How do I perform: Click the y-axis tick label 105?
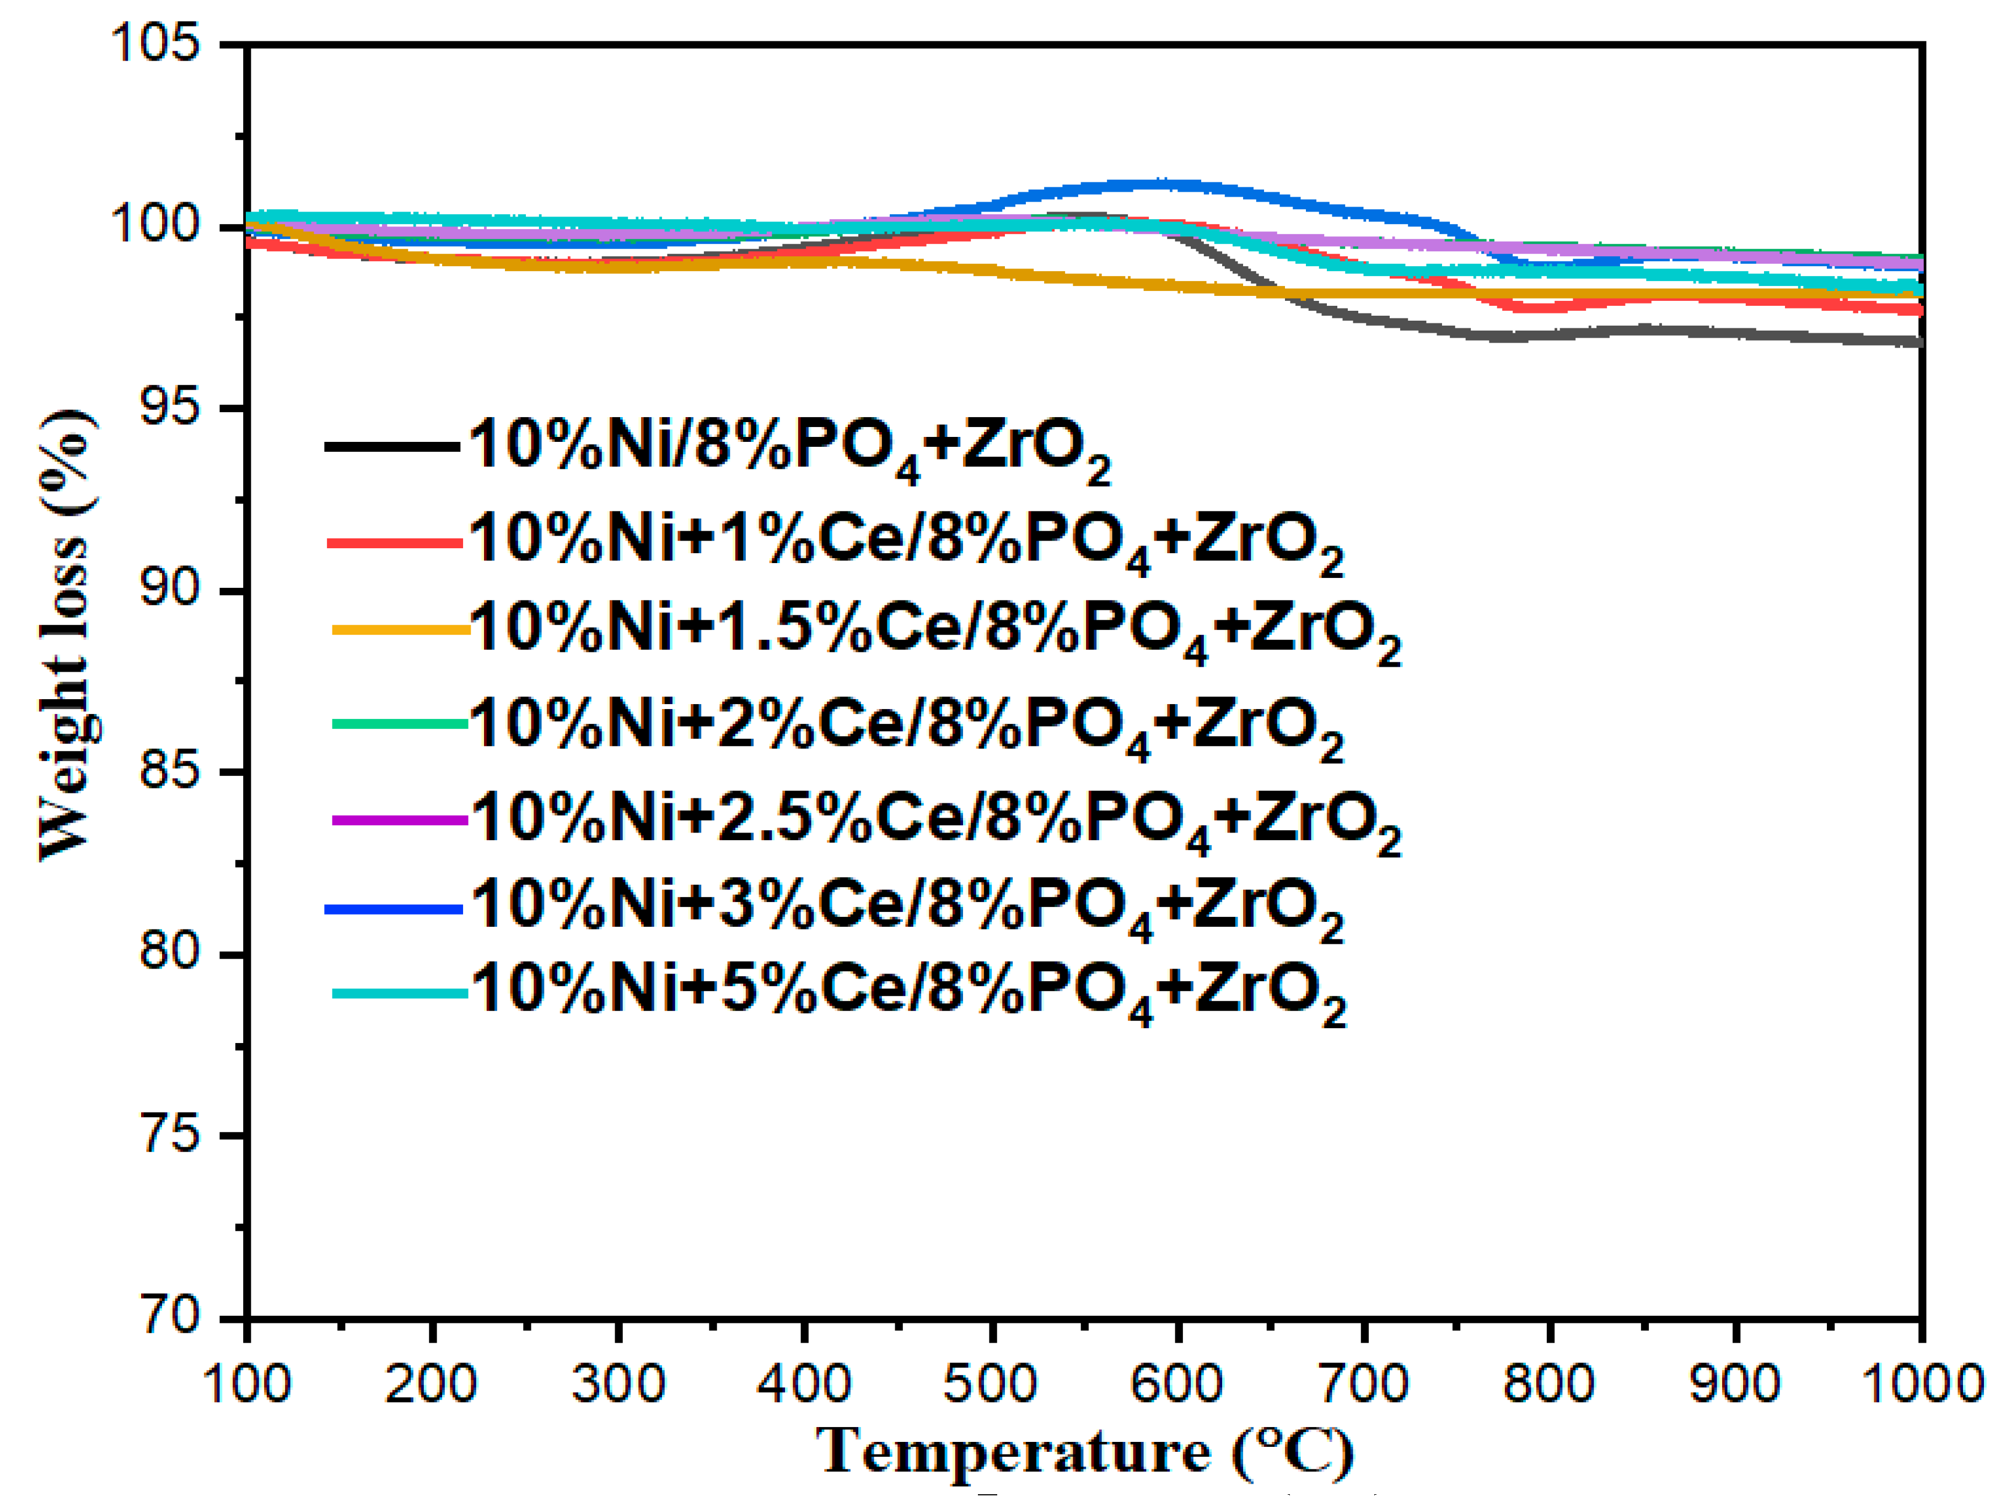[154, 44]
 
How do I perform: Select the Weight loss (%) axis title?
[65, 634]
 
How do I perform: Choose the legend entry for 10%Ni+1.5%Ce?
[934, 631]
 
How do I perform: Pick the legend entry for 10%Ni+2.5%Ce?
[934, 820]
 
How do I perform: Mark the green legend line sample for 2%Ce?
[399, 723]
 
